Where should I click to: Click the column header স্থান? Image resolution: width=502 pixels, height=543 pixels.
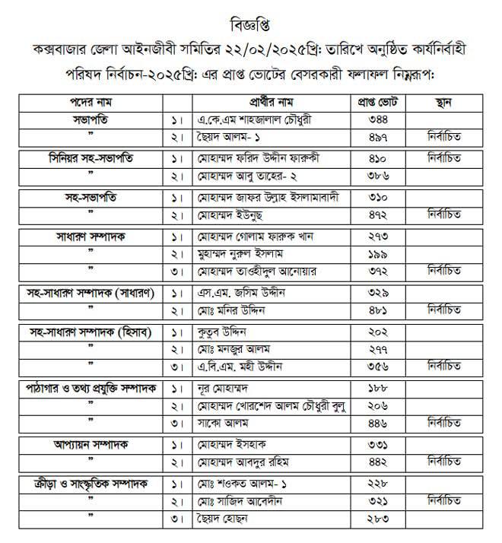click(x=446, y=102)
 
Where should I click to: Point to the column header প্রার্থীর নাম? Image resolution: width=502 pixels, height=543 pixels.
click(x=275, y=102)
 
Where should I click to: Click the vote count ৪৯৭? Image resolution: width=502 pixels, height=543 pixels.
click(x=378, y=136)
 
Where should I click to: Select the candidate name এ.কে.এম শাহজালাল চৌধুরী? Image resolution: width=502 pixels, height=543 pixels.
click(x=254, y=119)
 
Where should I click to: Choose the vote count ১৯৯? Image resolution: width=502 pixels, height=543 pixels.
click(x=378, y=253)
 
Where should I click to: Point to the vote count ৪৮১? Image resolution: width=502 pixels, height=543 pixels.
click(x=378, y=310)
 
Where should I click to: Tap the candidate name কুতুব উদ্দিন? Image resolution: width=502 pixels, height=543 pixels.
click(x=224, y=332)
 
